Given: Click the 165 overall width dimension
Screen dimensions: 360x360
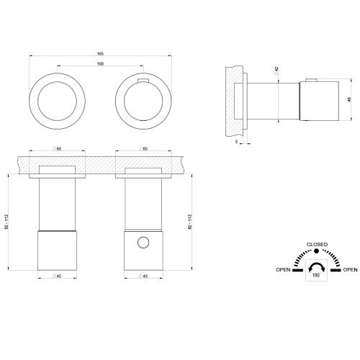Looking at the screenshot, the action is (100, 54).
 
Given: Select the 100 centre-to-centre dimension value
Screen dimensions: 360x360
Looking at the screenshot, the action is (100, 63).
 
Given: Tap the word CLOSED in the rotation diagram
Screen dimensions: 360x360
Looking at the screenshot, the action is (317, 244).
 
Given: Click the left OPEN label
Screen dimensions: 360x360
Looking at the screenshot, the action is (283, 269).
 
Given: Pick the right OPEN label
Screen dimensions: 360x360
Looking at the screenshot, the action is (350, 269).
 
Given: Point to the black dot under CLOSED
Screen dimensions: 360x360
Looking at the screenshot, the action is (317, 251).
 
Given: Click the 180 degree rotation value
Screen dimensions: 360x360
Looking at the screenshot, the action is (316, 275).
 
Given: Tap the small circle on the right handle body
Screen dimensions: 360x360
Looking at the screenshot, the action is (143, 243).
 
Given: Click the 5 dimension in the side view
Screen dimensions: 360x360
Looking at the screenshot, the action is (236, 141).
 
